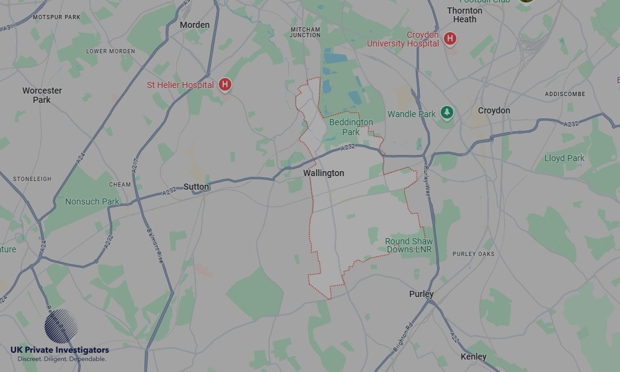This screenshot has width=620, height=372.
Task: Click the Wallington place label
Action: [x=324, y=173]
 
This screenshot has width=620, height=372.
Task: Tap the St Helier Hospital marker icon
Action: [x=225, y=85]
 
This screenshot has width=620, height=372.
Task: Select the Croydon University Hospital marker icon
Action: [x=450, y=39]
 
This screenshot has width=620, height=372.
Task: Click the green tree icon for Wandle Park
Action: [x=446, y=113]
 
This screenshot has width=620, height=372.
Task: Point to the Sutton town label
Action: [x=197, y=187]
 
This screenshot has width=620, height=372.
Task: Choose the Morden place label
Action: [x=195, y=25]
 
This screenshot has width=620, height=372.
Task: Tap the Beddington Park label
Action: [x=351, y=127]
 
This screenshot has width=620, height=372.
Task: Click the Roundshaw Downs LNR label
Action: [x=409, y=246]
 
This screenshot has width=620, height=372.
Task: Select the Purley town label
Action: [x=422, y=294]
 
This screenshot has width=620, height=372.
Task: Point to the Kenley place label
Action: [x=474, y=356]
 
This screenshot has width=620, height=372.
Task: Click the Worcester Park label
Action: [x=42, y=95]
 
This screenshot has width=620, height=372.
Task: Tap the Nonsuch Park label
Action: [x=92, y=201]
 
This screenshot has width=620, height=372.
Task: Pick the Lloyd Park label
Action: [x=564, y=158]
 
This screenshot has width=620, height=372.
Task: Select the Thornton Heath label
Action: [x=464, y=15]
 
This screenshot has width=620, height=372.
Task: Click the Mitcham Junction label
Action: [x=306, y=32]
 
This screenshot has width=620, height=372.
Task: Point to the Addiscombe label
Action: [x=565, y=94]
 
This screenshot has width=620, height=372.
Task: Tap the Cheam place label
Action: [x=120, y=184]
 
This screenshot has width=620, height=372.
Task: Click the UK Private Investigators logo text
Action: [x=60, y=350]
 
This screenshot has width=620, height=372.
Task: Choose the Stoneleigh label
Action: [x=32, y=179]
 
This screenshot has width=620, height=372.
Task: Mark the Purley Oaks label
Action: [x=474, y=254]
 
